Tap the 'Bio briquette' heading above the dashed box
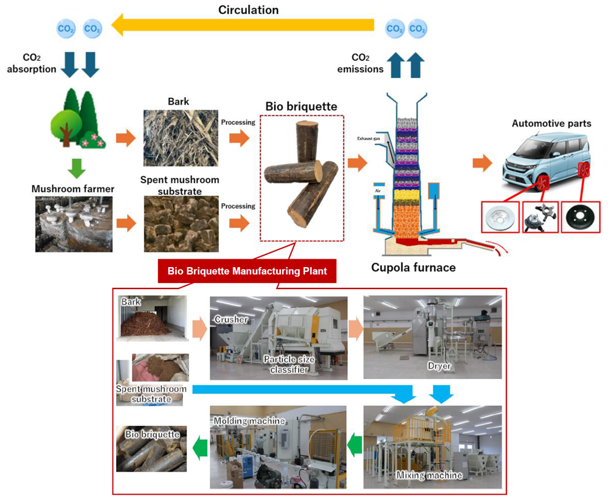[x=301, y=106]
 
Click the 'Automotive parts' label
[x=551, y=124]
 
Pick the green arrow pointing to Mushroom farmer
[x=77, y=167]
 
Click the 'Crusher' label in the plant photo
[x=230, y=319]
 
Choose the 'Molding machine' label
[x=249, y=420]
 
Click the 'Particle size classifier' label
[x=290, y=365]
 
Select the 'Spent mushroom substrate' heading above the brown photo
[x=179, y=186]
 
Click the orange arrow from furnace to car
[x=483, y=162]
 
